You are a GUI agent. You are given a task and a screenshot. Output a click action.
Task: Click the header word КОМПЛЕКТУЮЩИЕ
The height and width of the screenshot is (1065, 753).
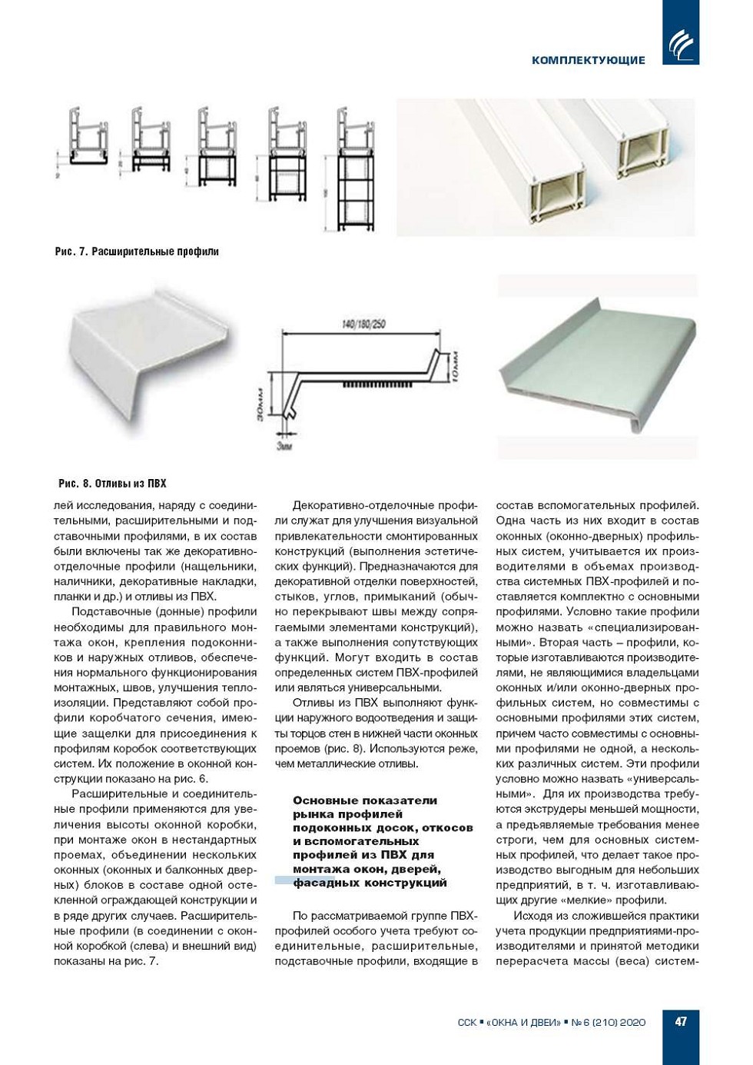coord(588,60)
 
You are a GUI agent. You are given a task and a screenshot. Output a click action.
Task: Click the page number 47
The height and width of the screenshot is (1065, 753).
coord(681,1022)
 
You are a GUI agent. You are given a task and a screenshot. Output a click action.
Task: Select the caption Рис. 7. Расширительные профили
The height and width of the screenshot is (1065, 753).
coord(137,251)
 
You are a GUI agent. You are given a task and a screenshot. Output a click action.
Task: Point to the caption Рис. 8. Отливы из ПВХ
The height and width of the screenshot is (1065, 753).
coord(112,484)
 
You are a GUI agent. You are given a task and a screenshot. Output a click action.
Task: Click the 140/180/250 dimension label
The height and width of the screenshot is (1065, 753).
coord(363,324)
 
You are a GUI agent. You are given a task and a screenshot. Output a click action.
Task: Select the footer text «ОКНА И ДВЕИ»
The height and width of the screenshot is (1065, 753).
coord(520,1023)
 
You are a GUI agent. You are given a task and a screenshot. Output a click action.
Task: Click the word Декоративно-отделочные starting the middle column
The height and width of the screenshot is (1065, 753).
coord(356,506)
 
